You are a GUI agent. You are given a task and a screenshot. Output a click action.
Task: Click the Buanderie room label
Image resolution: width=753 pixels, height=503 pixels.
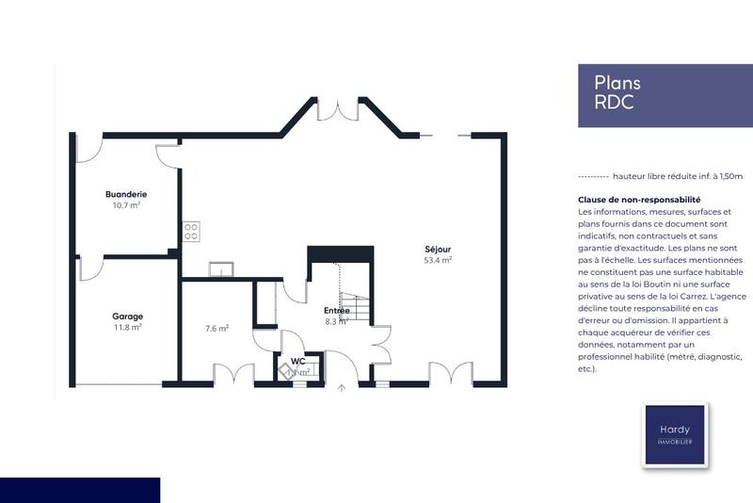click(x=126, y=194)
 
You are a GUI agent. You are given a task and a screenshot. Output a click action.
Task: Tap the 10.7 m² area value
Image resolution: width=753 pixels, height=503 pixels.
click(x=126, y=205)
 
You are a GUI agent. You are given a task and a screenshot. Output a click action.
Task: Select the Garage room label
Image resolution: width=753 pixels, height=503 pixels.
click(x=127, y=316)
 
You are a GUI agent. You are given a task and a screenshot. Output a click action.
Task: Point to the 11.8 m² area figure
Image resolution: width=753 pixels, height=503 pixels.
click(x=127, y=328)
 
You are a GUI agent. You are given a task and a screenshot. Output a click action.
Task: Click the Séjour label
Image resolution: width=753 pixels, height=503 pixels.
click(x=438, y=249)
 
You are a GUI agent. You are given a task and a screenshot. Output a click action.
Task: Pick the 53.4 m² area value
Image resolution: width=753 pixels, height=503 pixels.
click(x=438, y=260)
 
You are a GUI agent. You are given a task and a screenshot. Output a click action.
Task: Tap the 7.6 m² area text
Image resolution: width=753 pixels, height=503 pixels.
click(x=217, y=329)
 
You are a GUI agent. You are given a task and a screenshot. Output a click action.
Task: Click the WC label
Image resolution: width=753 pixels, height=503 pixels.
click(x=297, y=361)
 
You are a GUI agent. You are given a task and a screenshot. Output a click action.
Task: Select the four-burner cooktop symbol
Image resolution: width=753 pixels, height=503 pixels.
click(x=191, y=231)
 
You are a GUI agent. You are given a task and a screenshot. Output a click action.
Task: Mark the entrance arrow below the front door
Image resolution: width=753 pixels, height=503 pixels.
click(x=341, y=388)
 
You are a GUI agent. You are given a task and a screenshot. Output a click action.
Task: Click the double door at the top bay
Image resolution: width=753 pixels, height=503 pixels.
click(x=332, y=109)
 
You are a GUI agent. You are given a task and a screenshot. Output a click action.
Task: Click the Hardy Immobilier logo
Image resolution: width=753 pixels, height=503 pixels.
click(x=674, y=434)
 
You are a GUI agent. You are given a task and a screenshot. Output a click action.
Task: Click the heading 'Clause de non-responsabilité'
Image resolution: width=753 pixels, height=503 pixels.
click(x=639, y=200)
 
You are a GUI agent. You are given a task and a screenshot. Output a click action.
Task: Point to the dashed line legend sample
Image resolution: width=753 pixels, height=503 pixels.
click(x=592, y=176)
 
